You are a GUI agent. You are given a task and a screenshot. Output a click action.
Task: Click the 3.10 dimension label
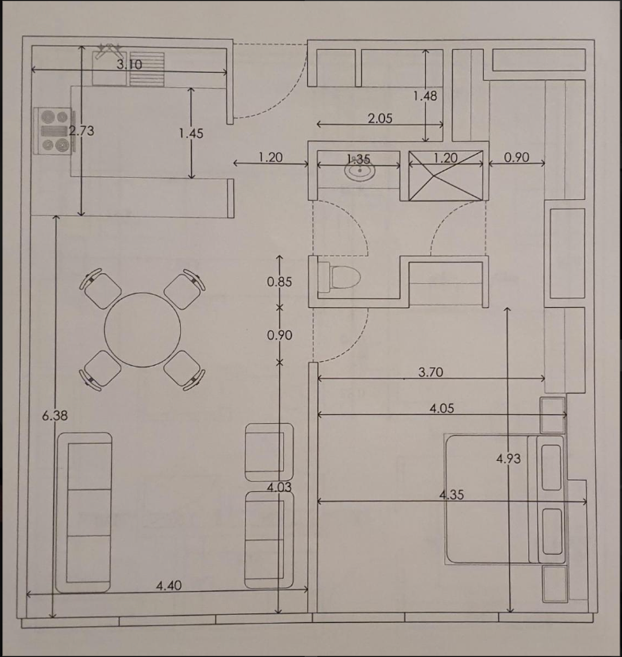pyautogui.click(x=129, y=64)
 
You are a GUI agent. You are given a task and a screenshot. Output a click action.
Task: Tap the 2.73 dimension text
pyautogui.click(x=81, y=131)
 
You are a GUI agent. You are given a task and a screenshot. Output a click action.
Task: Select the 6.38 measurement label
pyautogui.click(x=55, y=416)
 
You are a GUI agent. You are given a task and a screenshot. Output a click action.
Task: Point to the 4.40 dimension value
pyautogui.click(x=169, y=586)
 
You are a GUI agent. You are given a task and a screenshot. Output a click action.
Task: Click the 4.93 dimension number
pyautogui.click(x=509, y=459)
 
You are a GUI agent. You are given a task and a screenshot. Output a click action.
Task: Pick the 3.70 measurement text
pyautogui.click(x=431, y=372)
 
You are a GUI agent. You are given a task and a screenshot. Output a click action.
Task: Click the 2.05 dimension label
pyautogui.click(x=380, y=118)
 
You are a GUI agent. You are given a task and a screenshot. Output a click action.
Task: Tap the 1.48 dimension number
pyautogui.click(x=425, y=96)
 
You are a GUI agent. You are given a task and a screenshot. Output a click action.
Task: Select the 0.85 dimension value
pyautogui.click(x=279, y=282)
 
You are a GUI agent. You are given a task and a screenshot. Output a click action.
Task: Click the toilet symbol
pyautogui.click(x=340, y=278)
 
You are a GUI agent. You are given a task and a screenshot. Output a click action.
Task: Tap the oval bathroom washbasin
pyautogui.click(x=360, y=170)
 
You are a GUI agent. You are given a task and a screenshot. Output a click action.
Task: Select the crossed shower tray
pyautogui.click(x=446, y=175)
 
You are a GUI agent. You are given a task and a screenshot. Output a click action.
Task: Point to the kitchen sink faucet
pyautogui.click(x=108, y=49)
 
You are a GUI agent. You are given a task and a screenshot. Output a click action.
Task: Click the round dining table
pyautogui.click(x=143, y=330)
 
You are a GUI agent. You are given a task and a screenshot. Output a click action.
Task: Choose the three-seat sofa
pyautogui.click(x=84, y=513)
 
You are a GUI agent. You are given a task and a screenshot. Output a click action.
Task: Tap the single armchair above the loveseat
pyautogui.click(x=269, y=451)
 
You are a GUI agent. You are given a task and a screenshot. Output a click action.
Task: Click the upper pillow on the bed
pyautogui.click(x=551, y=467)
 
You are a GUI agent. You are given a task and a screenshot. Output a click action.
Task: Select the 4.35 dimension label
pyautogui.click(x=451, y=495)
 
